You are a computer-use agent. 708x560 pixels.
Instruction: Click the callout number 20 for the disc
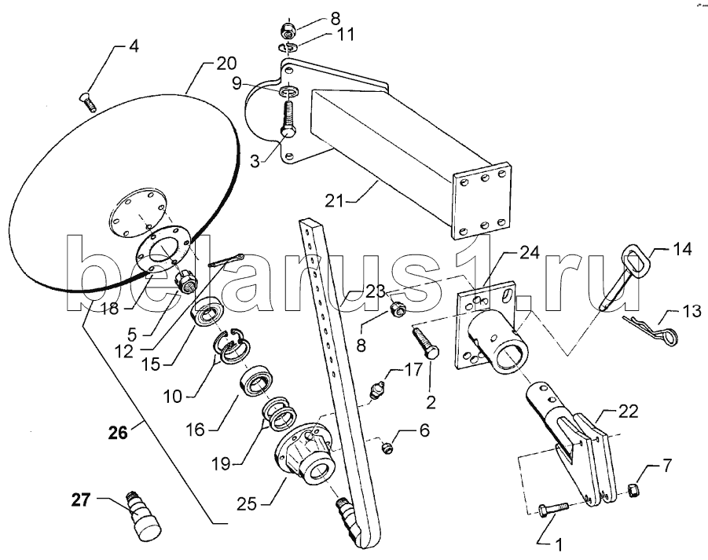[226, 64]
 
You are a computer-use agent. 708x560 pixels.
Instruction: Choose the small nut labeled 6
[386, 448]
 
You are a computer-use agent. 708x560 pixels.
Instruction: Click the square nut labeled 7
[634, 489]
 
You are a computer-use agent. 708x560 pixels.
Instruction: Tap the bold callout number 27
[81, 500]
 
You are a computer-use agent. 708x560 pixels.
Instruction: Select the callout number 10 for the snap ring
[171, 397]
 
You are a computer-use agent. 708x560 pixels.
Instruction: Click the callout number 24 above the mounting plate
[529, 254]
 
